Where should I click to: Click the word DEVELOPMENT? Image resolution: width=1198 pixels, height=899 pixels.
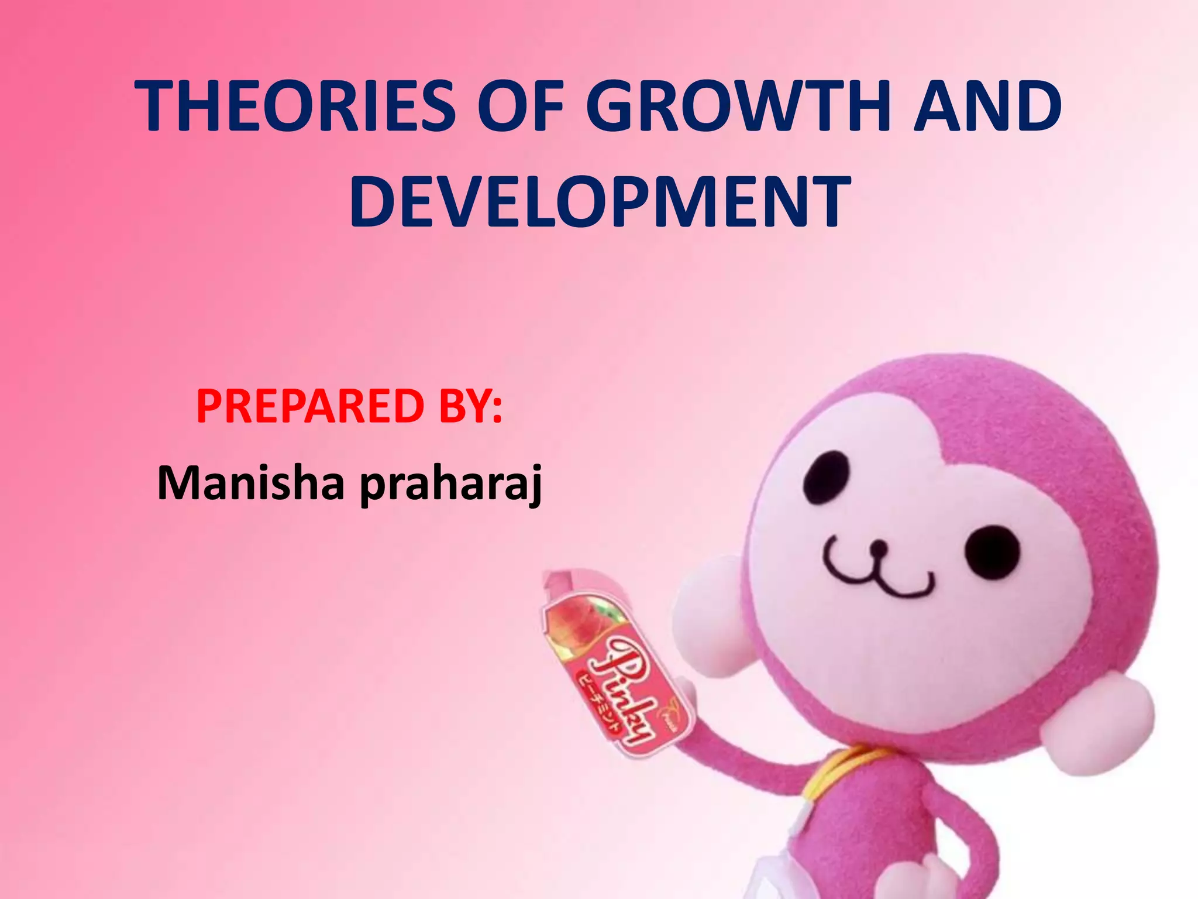point(599,202)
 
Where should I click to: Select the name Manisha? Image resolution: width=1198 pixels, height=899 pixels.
point(250,483)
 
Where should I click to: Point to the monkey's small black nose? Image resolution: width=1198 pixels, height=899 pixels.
point(877,548)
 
